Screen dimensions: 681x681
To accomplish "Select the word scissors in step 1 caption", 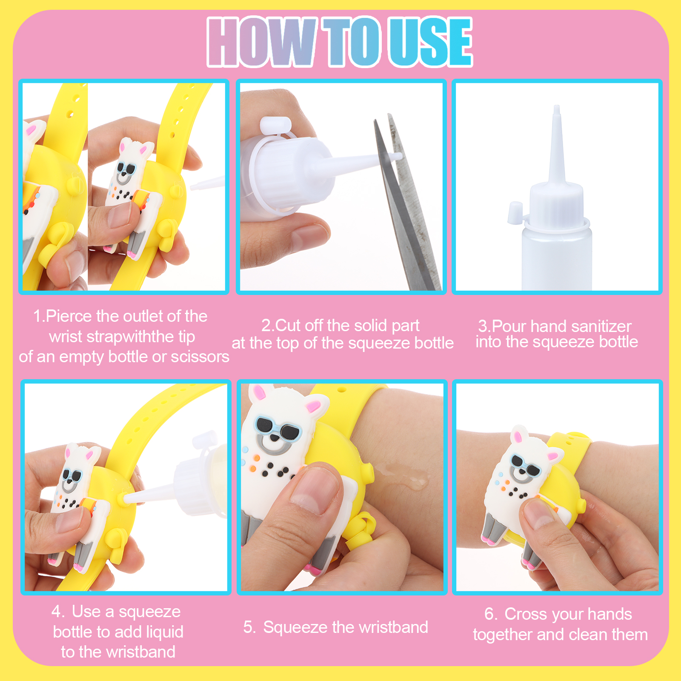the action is [200, 357].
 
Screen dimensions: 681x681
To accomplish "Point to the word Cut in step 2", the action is [289, 326].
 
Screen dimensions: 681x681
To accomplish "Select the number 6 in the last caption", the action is [489, 614].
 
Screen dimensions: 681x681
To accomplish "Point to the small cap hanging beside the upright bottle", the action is [515, 212].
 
